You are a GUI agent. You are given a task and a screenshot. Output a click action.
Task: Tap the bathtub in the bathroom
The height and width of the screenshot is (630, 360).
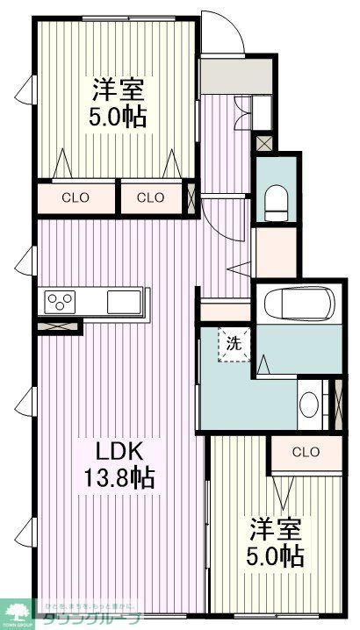click(299, 307)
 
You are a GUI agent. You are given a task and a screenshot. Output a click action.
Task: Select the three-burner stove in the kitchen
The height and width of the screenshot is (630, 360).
click(61, 302)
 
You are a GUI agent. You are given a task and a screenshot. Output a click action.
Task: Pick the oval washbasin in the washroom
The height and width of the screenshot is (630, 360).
click(308, 406)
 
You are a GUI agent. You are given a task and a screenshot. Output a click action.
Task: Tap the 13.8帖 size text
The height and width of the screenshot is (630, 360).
click(117, 478)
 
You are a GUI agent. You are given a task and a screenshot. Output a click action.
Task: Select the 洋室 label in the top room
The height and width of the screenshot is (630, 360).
click(116, 90)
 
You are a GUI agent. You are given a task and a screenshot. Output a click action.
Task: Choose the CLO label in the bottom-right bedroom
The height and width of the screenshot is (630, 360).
click(305, 453)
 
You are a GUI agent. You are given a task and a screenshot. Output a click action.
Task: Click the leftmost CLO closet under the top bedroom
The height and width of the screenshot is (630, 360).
click(75, 197)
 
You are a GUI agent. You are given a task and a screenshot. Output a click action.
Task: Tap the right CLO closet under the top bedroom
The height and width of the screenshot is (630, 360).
click(150, 197)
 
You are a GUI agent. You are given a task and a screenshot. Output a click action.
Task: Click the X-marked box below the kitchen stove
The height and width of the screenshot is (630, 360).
click(58, 326)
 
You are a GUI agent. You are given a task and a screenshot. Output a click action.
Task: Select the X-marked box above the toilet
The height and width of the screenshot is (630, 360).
click(263, 142)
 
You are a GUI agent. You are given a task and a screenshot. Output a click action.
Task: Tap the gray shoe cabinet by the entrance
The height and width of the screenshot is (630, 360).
click(224, 76)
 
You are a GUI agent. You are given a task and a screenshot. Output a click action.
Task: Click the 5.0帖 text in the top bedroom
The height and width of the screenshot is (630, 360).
click(116, 117)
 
